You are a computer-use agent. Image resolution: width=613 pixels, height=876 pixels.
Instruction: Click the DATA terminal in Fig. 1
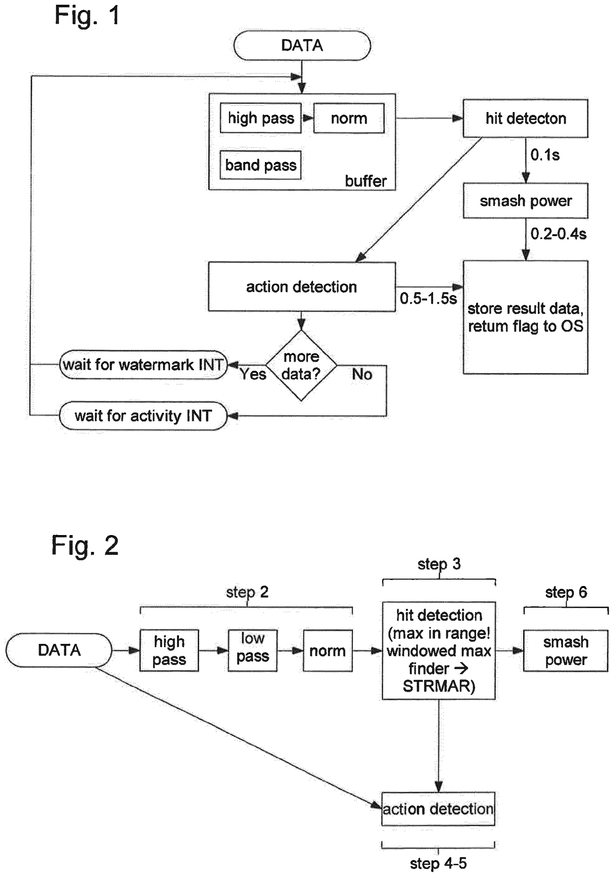[302, 45]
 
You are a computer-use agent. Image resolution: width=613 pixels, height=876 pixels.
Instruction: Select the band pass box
[261, 165]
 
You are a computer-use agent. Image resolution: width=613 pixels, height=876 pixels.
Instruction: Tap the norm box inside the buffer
[349, 118]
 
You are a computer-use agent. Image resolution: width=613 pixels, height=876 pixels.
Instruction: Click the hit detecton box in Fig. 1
[525, 119]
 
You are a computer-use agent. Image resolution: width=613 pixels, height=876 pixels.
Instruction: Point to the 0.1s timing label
[545, 155]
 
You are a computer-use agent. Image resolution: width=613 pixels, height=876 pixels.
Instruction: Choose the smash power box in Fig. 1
[525, 201]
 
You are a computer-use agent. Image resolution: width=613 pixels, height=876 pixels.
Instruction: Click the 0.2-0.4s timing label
[558, 234]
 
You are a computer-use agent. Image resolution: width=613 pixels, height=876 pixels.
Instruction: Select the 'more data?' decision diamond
[301, 366]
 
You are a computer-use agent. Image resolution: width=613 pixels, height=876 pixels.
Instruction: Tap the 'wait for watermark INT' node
[143, 365]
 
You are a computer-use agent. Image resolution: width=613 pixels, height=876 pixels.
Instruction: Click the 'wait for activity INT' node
[143, 416]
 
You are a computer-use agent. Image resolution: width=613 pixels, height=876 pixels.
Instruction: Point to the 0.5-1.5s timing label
[428, 298]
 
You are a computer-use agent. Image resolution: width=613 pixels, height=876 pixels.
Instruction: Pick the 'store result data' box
[525, 317]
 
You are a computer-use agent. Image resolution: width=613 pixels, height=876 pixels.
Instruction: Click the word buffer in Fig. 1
[366, 181]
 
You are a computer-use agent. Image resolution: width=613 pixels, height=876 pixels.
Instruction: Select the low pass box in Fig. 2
[253, 650]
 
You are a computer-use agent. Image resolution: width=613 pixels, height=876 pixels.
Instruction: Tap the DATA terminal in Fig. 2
[59, 650]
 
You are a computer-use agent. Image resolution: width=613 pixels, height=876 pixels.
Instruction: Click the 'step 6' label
[566, 592]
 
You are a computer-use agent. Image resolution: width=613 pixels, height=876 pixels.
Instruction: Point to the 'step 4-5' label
[438, 864]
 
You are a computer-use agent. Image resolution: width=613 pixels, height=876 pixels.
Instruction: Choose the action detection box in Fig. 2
[438, 809]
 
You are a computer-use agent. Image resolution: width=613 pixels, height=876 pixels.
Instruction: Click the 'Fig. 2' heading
[85, 545]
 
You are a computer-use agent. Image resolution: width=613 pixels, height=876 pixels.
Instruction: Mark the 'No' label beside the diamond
[362, 375]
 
